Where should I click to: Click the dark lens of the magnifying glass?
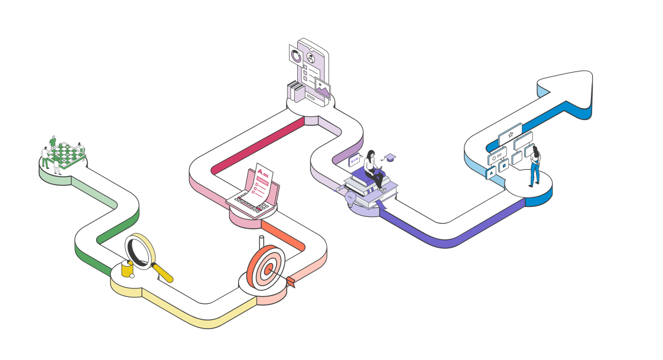[139, 251]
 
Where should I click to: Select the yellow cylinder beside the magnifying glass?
[126, 269]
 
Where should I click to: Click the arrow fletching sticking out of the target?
[290, 281]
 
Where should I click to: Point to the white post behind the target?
[262, 242]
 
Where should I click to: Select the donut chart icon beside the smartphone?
[295, 56]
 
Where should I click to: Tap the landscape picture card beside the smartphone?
[323, 88]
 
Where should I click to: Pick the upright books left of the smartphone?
[295, 92]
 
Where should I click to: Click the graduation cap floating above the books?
[389, 157]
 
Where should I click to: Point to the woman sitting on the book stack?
[373, 168]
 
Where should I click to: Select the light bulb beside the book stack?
[350, 197]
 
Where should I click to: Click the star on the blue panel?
[511, 134]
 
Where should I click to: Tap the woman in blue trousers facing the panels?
[534, 166]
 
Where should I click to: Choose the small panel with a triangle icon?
[490, 173]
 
